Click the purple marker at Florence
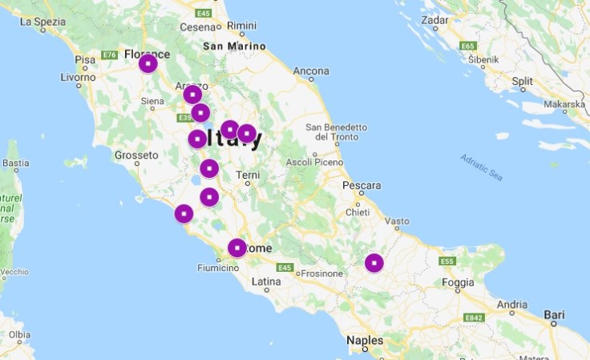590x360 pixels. [147, 63]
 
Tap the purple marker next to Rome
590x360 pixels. [236, 248]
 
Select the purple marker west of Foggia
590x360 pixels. [374, 262]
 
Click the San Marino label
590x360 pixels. [233, 47]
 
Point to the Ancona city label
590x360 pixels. [311, 71]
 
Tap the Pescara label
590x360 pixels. [361, 185]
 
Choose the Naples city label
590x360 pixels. [364, 341]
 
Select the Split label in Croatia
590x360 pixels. [522, 81]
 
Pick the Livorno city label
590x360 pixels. [78, 78]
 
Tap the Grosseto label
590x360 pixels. [138, 155]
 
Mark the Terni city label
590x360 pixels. [248, 175]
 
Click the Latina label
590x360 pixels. [266, 281]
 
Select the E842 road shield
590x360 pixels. [475, 318]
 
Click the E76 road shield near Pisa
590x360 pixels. [110, 55]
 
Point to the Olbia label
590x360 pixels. [19, 334]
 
